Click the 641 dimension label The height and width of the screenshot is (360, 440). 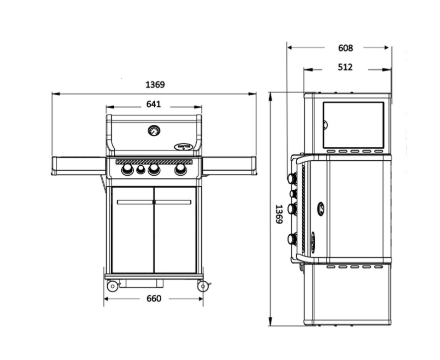(x=154, y=105)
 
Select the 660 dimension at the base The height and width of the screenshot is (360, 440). (x=154, y=299)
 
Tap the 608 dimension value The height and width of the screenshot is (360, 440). (x=346, y=48)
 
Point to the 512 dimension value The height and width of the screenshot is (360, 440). (x=345, y=67)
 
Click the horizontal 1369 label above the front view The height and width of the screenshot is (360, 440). (x=155, y=85)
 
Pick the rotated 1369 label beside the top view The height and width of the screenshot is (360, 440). (x=279, y=214)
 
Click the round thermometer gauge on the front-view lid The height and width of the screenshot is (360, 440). (x=154, y=131)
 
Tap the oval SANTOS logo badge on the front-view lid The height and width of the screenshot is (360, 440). (x=183, y=147)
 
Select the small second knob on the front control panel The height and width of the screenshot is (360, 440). (x=141, y=170)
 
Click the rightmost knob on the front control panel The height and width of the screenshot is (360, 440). (x=181, y=169)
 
